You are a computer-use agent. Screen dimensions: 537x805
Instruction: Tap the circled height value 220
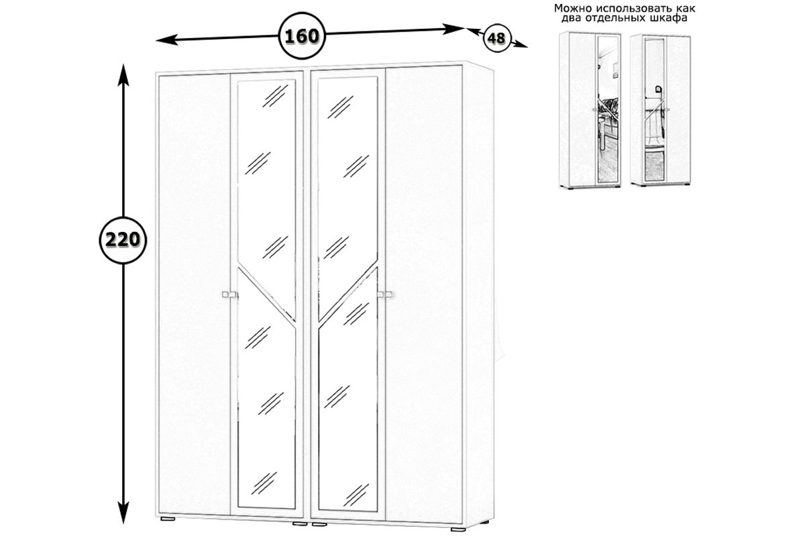pyautogui.click(x=122, y=239)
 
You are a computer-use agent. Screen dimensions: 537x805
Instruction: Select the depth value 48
pyautogui.click(x=496, y=38)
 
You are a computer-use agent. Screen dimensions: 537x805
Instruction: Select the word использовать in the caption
pyautogui.click(x=634, y=9)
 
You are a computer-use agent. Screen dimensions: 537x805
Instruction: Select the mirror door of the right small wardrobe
pyautogui.click(x=653, y=111)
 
